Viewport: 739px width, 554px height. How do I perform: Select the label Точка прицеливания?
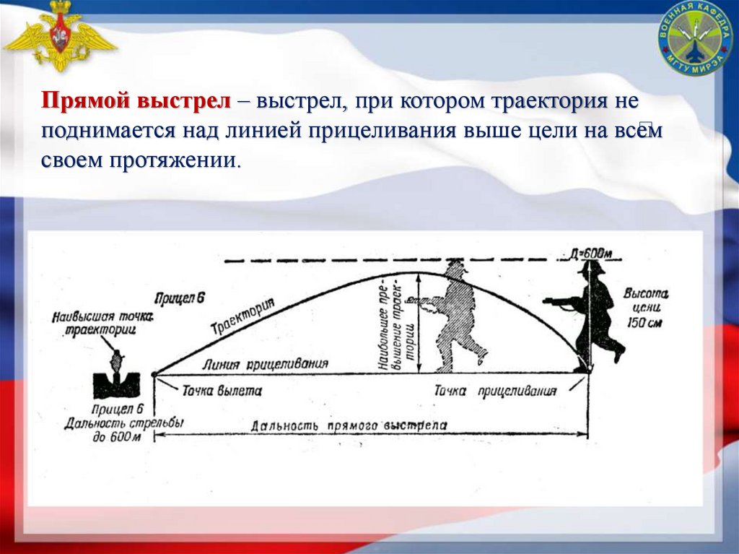click(x=494, y=391)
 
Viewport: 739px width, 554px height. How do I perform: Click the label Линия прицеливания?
click(x=266, y=363)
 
